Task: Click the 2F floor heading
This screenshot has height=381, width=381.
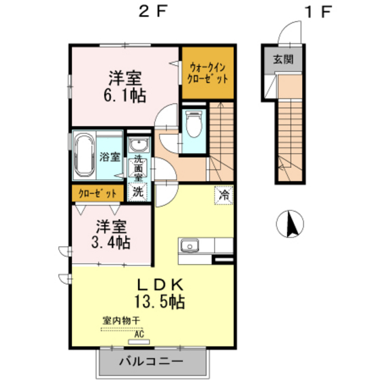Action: [152, 12]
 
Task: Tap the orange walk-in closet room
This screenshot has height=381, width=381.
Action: [209, 71]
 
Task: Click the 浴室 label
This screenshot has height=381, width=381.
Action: [110, 156]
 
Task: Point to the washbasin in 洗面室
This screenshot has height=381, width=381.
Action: [139, 146]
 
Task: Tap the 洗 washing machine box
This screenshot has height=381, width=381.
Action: [138, 192]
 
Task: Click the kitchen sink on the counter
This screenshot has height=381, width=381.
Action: [188, 245]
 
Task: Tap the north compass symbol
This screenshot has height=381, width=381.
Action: [291, 225]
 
